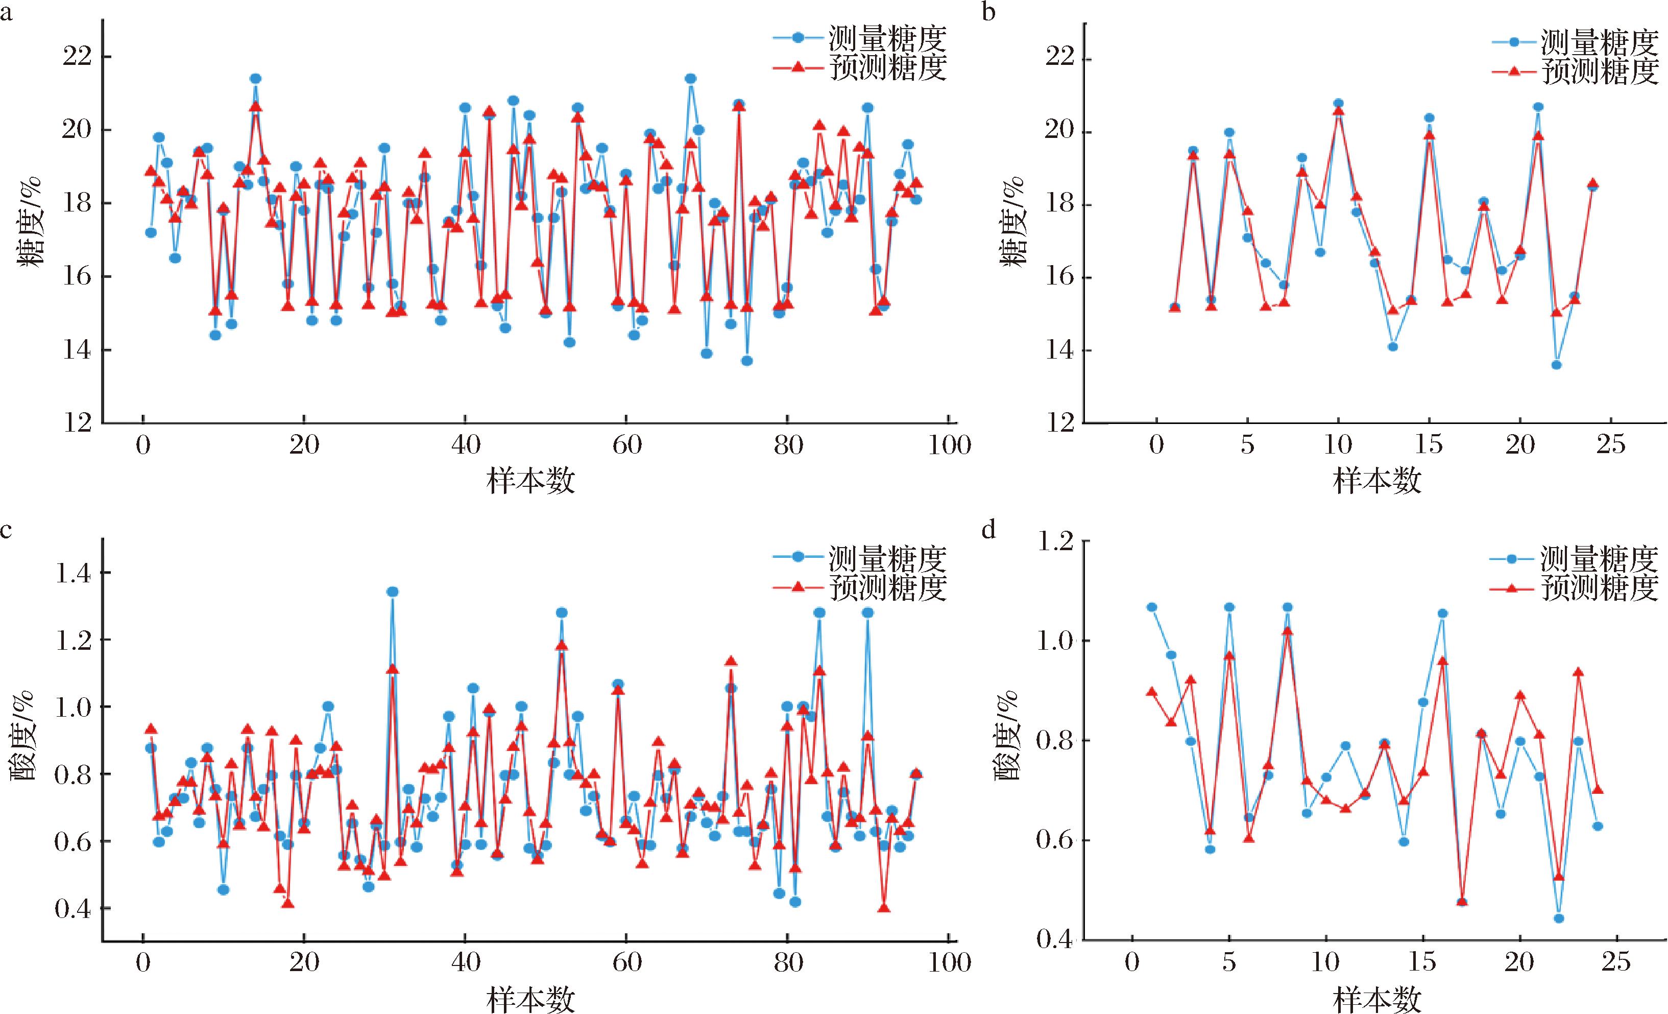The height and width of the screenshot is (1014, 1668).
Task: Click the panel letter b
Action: pyautogui.click(x=989, y=12)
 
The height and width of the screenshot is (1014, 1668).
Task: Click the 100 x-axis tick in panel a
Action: pyautogui.click(x=949, y=445)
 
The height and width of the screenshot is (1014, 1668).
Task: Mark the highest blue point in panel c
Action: pyautogui.click(x=392, y=592)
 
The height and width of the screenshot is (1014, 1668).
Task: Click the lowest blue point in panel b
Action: pyautogui.click(x=1556, y=364)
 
